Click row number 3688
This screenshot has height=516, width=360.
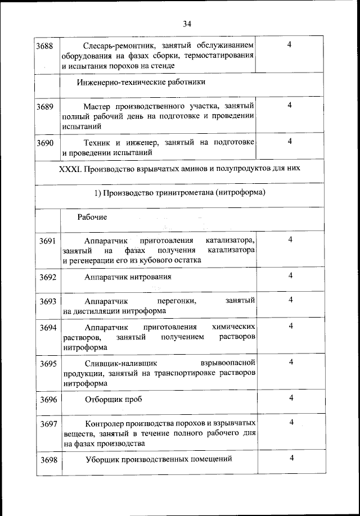45,45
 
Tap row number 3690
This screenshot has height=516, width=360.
45,143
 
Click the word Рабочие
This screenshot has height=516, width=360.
92,217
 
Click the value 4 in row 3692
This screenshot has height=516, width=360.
291,275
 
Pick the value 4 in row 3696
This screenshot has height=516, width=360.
291,398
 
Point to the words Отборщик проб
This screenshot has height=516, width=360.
113,400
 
